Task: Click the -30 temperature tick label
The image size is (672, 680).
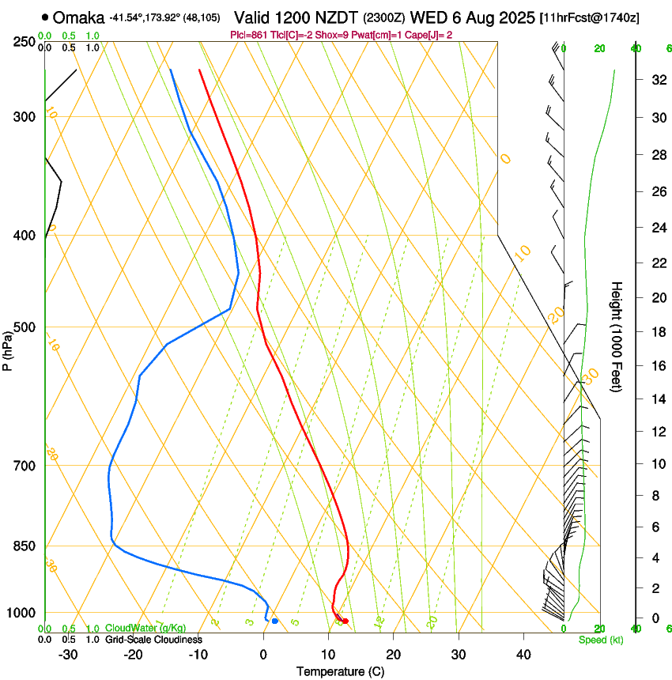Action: (68, 655)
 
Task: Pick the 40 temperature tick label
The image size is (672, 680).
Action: (523, 655)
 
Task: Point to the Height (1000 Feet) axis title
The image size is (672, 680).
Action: (617, 336)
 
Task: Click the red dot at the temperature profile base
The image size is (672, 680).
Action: (345, 621)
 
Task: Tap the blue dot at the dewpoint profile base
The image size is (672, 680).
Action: (274, 621)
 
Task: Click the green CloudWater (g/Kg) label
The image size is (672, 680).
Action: (145, 629)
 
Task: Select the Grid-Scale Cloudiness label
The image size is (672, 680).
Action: (153, 639)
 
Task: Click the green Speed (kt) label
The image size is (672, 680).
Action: (600, 639)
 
